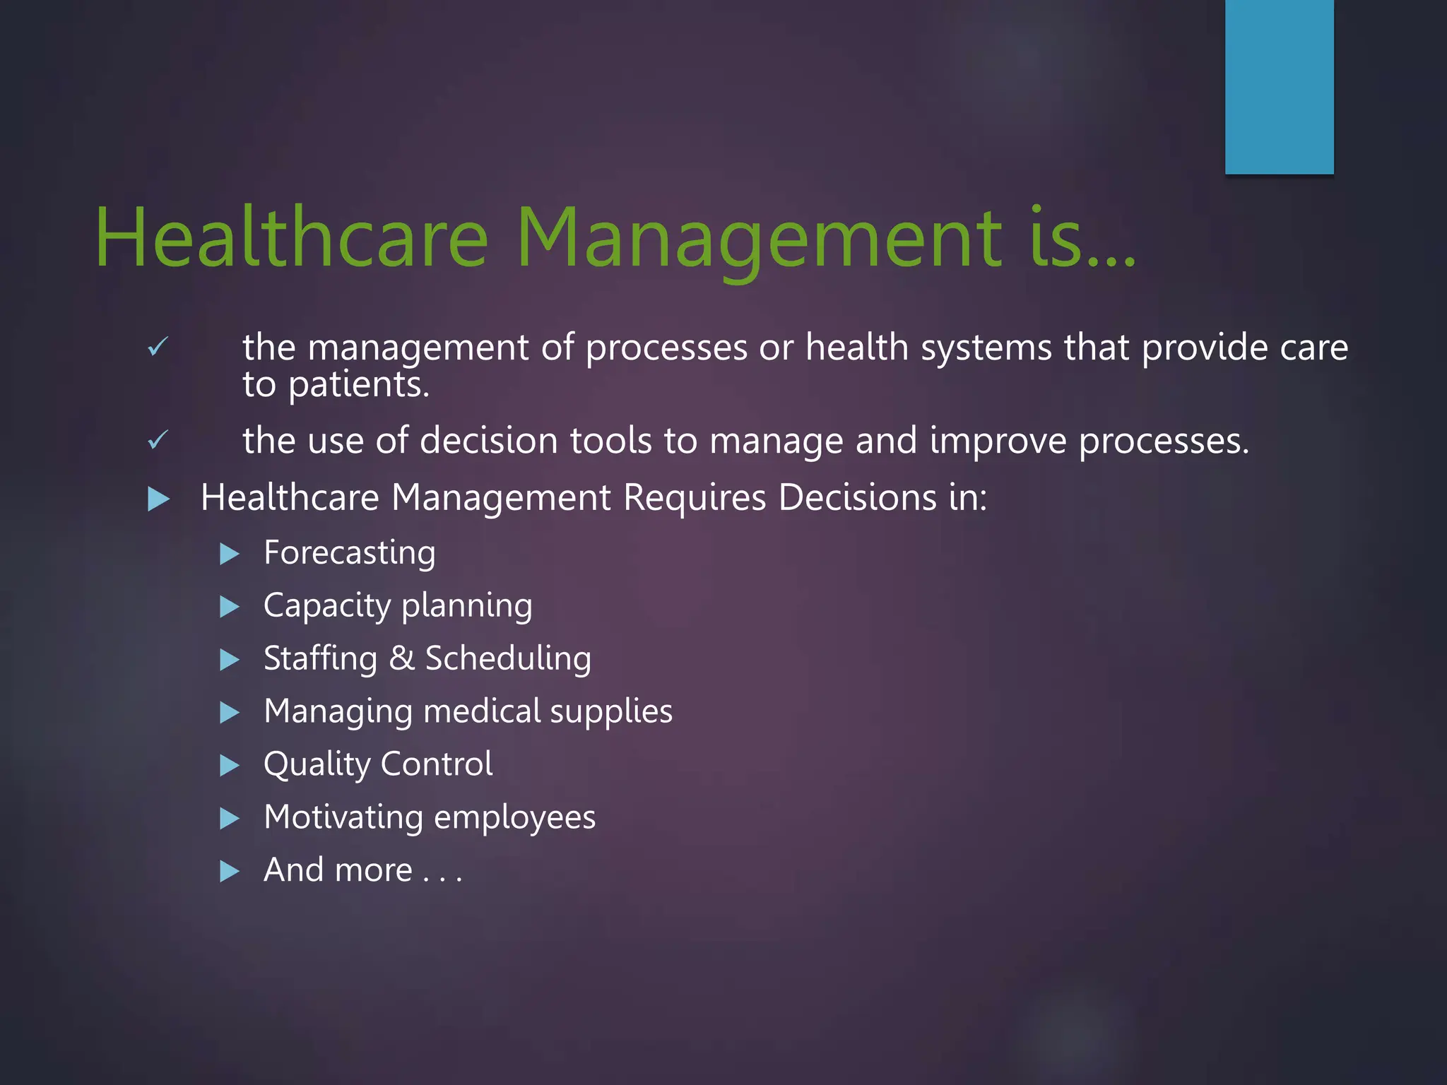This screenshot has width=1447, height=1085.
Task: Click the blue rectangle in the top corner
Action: point(1279,86)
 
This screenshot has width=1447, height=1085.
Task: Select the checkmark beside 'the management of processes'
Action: point(158,347)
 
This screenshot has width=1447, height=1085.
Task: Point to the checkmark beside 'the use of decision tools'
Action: point(158,440)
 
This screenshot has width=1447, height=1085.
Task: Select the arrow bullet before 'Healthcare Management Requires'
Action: point(159,499)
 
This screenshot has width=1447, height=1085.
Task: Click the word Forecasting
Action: point(349,553)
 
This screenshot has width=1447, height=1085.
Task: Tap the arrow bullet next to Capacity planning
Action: point(230,607)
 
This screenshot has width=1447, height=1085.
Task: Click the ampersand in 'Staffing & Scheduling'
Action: point(401,658)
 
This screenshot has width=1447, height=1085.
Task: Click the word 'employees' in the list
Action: point(514,818)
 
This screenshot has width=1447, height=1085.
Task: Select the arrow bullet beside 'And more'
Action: point(230,871)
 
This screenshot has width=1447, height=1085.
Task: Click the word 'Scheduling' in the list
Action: point(508,659)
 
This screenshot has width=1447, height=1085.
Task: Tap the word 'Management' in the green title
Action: point(760,239)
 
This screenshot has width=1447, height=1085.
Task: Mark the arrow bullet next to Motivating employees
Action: point(230,819)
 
